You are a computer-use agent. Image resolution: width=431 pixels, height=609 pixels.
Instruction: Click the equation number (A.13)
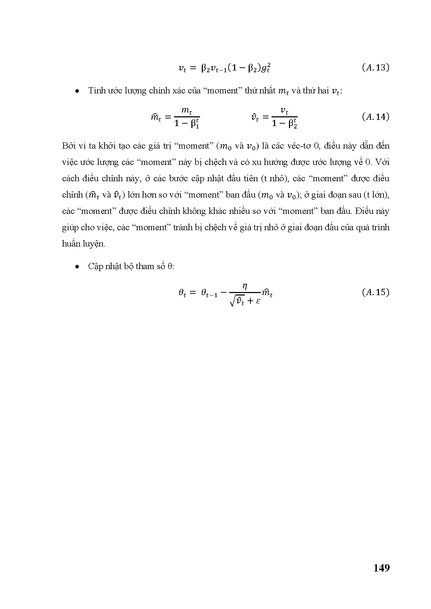375,68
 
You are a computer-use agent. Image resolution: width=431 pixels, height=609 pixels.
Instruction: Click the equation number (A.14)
375,117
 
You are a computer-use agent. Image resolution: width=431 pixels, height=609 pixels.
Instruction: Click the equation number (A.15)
375,292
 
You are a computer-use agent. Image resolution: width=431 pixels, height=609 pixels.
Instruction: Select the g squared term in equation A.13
265,68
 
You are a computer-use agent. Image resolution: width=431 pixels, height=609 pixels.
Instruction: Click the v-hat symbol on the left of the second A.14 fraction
255,118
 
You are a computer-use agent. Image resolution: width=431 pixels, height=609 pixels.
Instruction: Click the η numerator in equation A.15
244,286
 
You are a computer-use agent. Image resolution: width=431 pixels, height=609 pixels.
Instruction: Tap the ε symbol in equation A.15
258,301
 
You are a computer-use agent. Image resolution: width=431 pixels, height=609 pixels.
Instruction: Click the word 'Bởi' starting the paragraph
68,146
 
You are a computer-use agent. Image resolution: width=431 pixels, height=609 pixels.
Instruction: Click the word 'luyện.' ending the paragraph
93,244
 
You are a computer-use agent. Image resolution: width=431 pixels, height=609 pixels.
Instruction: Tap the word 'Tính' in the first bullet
95,91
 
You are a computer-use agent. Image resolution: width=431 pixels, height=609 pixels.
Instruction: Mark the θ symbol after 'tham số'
170,267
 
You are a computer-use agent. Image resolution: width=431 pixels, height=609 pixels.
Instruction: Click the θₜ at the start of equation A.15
182,293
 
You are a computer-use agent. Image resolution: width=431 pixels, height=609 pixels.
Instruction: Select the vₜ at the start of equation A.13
182,68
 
